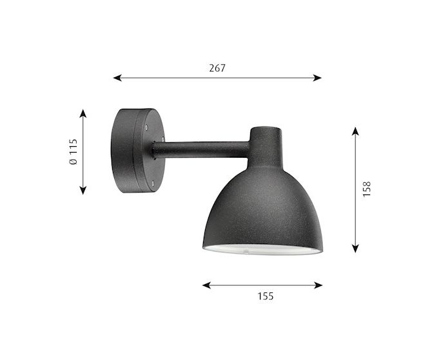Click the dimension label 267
click(217, 68)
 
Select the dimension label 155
click(266, 296)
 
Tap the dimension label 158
click(367, 189)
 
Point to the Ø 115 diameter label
click(73, 151)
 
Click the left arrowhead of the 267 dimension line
click(117, 78)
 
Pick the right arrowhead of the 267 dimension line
click(317, 78)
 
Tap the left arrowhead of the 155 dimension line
click(207, 285)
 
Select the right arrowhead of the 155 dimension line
click(318, 285)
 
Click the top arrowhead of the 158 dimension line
click(355, 131)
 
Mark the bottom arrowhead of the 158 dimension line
click(355, 248)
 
